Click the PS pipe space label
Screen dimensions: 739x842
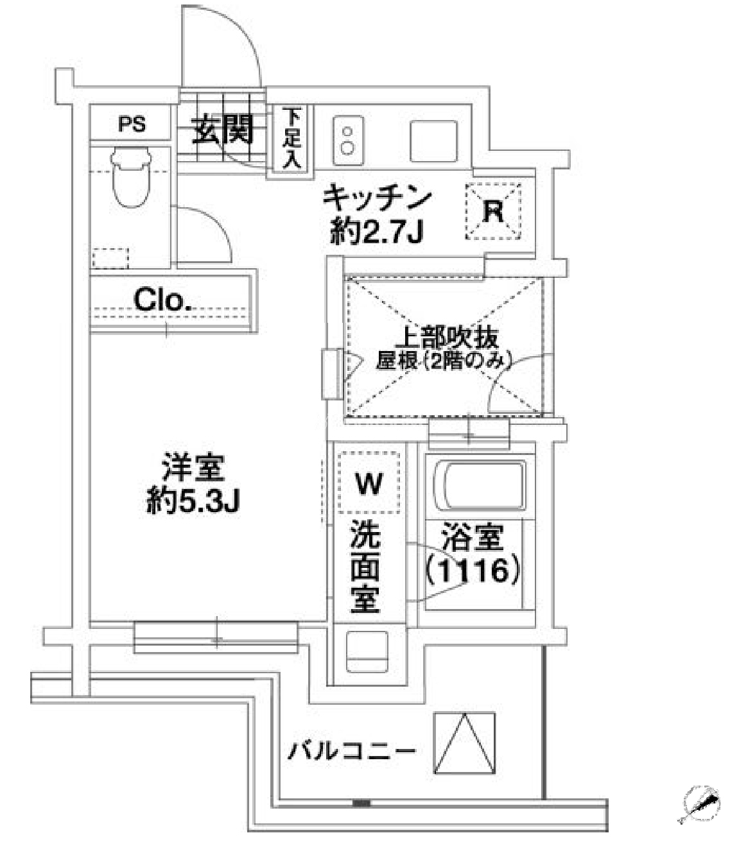click(132, 125)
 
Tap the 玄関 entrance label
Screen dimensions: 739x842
click(223, 129)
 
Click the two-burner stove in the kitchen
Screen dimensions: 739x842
click(348, 140)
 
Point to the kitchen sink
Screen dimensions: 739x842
click(433, 141)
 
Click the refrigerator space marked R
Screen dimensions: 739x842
click(493, 212)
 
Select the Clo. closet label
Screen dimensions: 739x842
click(162, 300)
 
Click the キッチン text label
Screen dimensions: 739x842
click(377, 199)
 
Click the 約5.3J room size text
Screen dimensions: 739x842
click(193, 501)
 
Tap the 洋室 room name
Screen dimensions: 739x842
click(193, 468)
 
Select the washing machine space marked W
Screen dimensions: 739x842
click(369, 483)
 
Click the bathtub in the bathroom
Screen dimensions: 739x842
click(480, 486)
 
